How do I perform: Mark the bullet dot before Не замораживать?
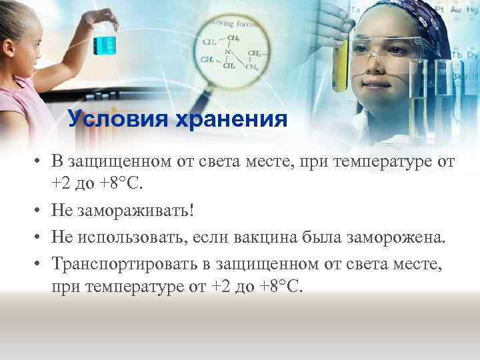pyautogui.click(x=41, y=211)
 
